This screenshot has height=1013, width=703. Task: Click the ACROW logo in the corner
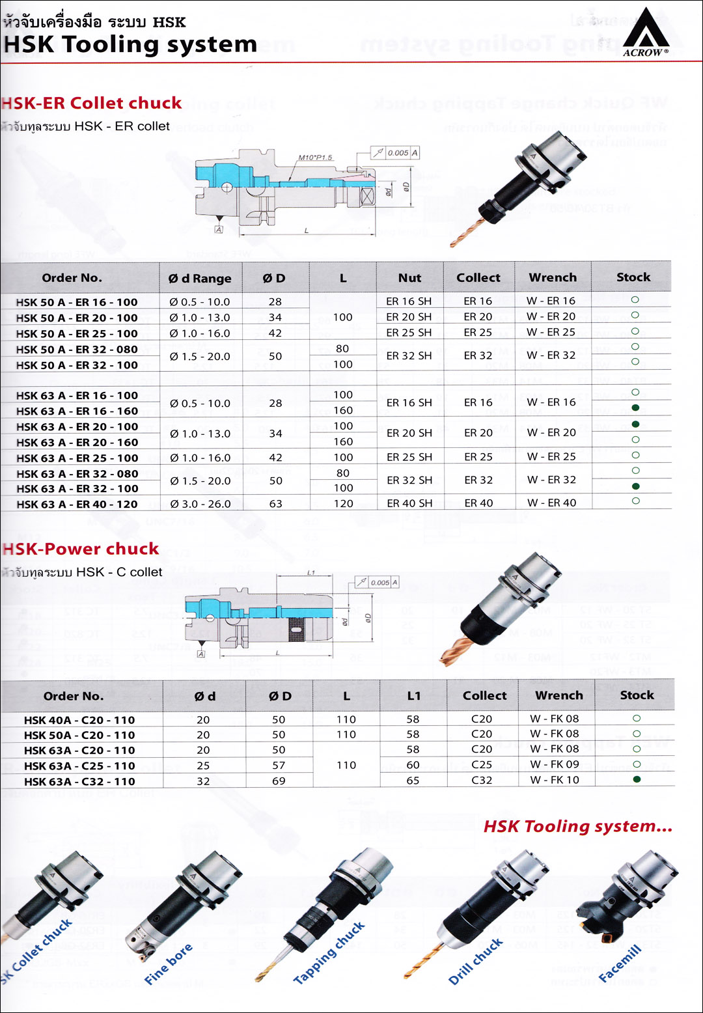click(645, 33)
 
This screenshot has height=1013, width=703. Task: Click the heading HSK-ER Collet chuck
click(92, 103)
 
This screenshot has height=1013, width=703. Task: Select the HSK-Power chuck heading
click(81, 549)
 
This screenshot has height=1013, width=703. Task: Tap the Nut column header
click(409, 278)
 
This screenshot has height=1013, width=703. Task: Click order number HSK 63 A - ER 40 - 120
click(77, 504)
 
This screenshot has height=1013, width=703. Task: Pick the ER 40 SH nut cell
click(409, 503)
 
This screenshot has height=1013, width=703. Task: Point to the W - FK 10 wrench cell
click(554, 780)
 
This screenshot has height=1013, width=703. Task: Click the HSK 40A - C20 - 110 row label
click(79, 720)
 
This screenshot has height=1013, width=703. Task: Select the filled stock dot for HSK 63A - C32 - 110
click(637, 779)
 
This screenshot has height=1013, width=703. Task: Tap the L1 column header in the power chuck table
click(414, 696)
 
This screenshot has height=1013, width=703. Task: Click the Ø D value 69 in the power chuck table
click(279, 781)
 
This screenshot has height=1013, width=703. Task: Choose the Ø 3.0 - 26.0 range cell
click(200, 504)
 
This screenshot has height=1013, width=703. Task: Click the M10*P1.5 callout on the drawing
click(316, 158)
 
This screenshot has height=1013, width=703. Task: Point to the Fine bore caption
click(168, 964)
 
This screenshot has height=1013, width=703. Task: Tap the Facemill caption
click(620, 963)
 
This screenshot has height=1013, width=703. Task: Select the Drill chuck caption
click(476, 962)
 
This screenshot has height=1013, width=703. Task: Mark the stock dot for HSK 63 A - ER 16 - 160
click(635, 408)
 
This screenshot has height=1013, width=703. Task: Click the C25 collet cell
click(482, 765)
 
